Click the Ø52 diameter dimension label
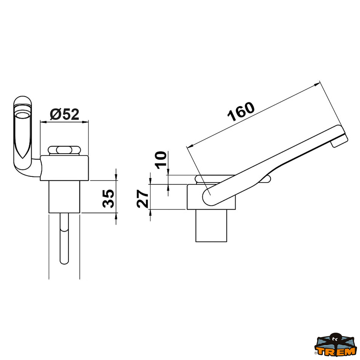pos(64,114)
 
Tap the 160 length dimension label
pos(241,112)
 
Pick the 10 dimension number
pos(161,160)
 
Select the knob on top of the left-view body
pos(64,150)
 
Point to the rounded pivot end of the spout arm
pos(209,197)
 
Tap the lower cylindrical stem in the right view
pos(211,225)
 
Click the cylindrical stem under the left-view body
pos(64,196)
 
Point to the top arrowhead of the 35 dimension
pos(116,177)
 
